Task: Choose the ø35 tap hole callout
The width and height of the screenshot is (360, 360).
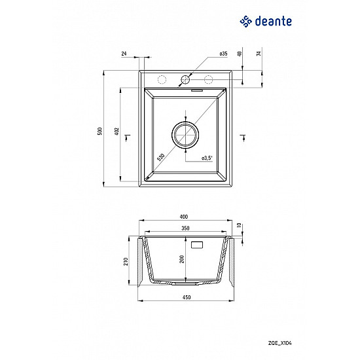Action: pyautogui.click(x=223, y=54)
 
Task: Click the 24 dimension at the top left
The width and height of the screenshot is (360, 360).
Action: pyautogui.click(x=124, y=54)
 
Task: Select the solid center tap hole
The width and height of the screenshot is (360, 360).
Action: pyautogui.click(x=185, y=80)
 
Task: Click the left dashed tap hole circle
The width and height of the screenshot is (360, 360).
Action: pyautogui.click(x=161, y=80)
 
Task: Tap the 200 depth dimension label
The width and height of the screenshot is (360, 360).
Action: pyautogui.click(x=183, y=260)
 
